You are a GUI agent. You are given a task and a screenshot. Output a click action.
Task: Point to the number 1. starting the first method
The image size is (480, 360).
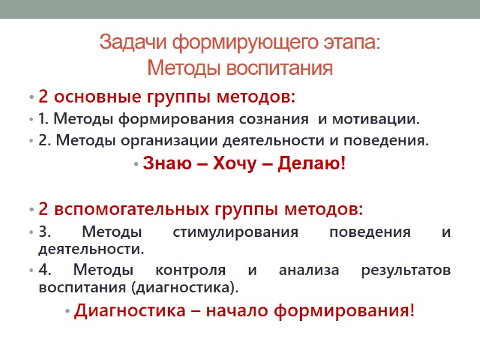pos(43,119)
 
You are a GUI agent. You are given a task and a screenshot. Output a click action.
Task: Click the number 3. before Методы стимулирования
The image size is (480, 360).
pos(44,232)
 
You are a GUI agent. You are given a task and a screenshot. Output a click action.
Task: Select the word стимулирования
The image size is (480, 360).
pos(235,232)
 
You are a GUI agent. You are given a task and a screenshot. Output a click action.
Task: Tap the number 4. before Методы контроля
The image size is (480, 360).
pos(44,270)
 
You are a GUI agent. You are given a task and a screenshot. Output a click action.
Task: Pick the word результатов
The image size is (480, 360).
pos(406,270)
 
